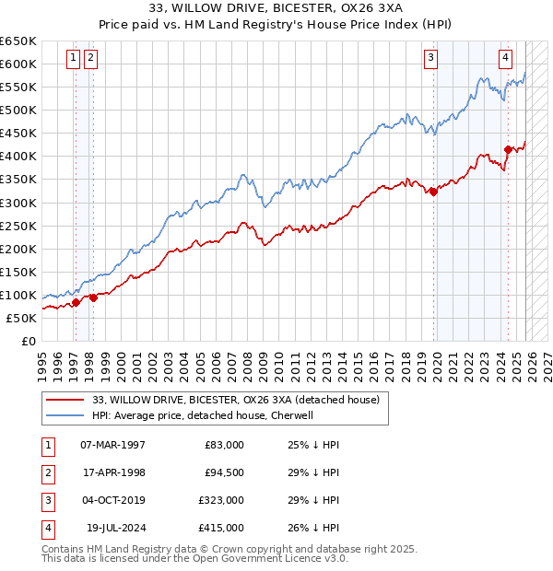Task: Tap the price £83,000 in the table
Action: click(x=225, y=445)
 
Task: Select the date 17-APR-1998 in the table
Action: click(x=112, y=472)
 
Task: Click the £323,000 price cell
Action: click(x=222, y=500)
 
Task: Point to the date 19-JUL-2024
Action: click(x=112, y=528)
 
